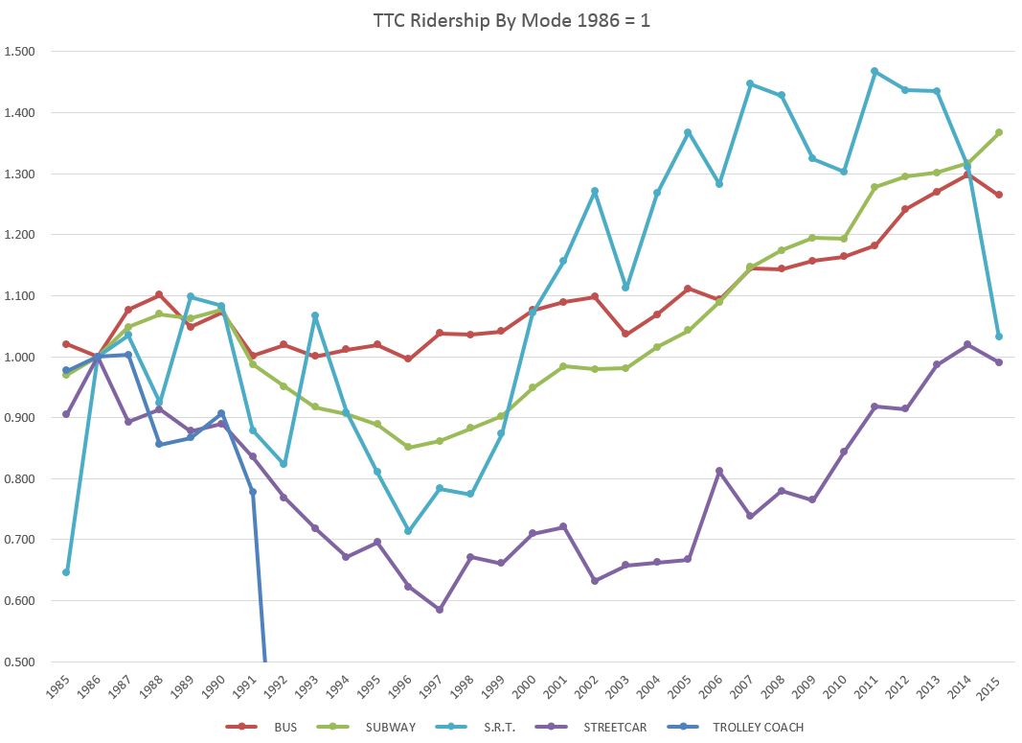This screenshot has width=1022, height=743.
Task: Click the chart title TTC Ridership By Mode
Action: coord(511,20)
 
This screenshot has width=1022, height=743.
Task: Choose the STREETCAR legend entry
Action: coord(614,727)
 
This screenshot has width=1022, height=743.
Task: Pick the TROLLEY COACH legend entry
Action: coord(758,727)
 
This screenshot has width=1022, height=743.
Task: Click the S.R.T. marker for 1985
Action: coord(66,572)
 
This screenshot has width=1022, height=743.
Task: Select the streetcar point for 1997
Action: coord(440,610)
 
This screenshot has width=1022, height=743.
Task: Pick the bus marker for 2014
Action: coord(967,174)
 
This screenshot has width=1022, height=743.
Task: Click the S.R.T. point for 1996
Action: coord(408,530)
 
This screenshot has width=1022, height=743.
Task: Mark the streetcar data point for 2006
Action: coord(719,471)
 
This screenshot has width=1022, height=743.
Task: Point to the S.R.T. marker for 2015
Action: coord(999,337)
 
